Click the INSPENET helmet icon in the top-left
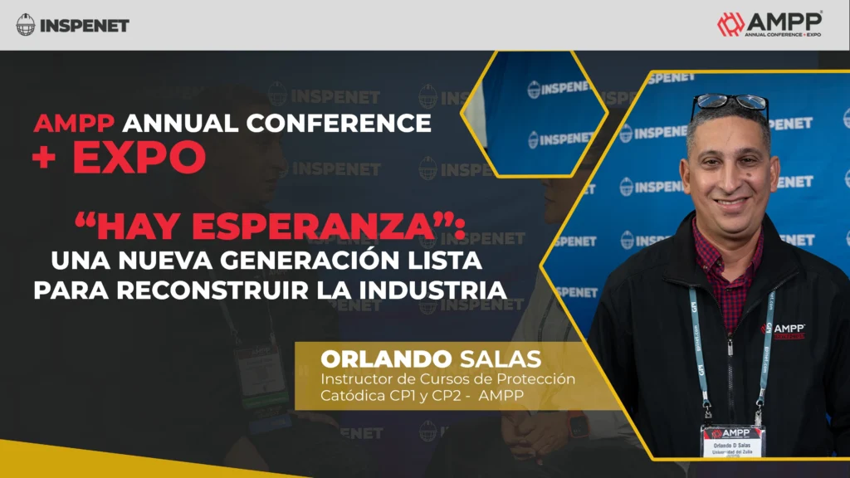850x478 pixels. coord(26,25)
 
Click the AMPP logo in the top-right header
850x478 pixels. coord(769,24)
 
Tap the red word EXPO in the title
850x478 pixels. coord(139,158)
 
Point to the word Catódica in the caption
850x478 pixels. coord(349,396)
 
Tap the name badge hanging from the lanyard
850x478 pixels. coord(733,440)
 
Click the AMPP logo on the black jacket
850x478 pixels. coord(782,329)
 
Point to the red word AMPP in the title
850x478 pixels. coord(76,124)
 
